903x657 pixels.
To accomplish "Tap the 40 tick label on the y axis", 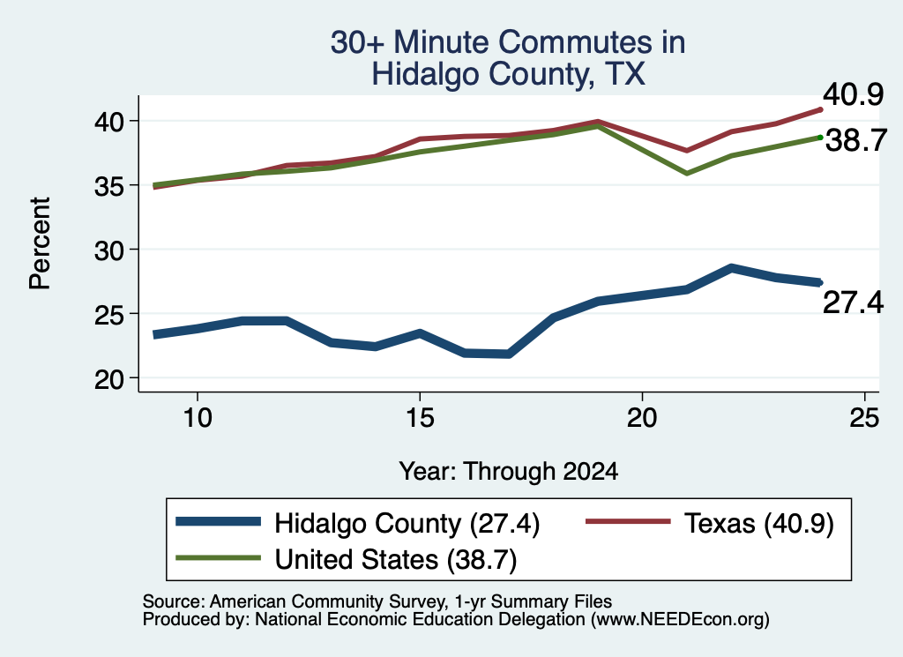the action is [x=109, y=122].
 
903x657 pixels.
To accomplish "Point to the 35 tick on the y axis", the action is [x=109, y=186].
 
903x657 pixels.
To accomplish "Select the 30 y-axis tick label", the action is [x=109, y=250].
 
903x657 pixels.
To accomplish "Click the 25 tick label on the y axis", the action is [x=109, y=315].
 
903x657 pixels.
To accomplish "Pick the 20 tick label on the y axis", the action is [x=109, y=379].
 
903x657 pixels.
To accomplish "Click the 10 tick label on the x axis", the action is [x=198, y=417].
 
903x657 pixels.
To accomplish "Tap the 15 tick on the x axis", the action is [x=420, y=417].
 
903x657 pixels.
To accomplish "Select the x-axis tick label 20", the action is [x=642, y=417].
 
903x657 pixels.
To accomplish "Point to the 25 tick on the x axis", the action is [x=864, y=417].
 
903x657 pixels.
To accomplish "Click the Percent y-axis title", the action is [x=41, y=243].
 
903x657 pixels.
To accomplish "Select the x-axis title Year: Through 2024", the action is [x=509, y=471].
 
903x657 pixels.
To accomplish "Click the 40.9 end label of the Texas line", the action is [x=853, y=94].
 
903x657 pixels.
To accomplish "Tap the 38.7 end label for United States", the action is [x=856, y=140].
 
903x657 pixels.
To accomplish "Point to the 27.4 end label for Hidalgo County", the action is [x=853, y=302].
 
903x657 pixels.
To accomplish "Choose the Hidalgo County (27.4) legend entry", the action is [x=358, y=524].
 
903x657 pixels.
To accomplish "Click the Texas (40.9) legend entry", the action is [x=710, y=524].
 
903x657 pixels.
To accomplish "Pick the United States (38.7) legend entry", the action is [x=346, y=559].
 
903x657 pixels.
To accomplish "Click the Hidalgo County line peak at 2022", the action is [x=731, y=268].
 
